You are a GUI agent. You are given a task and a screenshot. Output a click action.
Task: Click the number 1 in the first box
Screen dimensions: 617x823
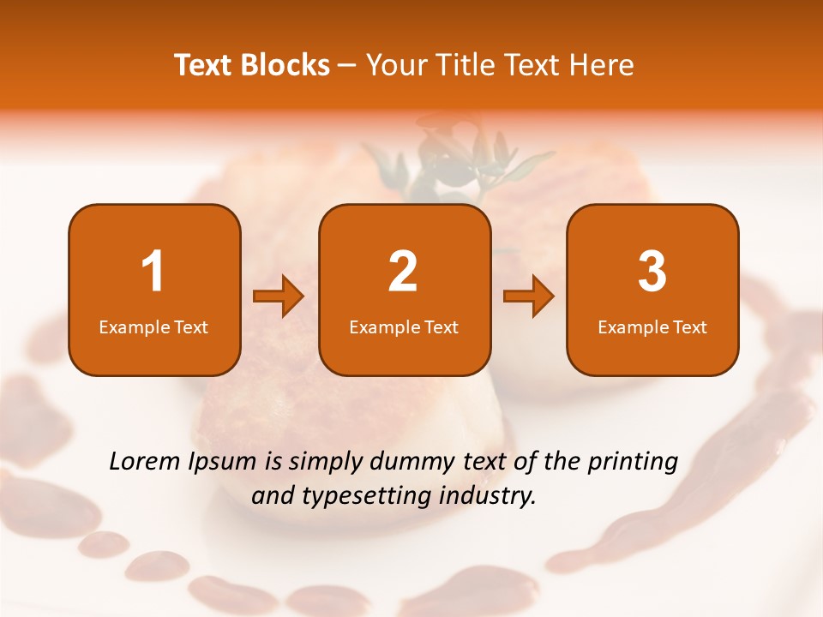(x=153, y=272)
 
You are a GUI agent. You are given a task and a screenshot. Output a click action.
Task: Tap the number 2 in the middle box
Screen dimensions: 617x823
(x=403, y=272)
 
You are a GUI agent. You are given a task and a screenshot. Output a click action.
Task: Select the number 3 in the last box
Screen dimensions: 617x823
(x=652, y=272)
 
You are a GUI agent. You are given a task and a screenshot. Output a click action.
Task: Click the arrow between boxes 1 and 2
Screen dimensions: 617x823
(x=279, y=297)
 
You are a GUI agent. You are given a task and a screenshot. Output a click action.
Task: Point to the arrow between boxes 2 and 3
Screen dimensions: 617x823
(x=529, y=297)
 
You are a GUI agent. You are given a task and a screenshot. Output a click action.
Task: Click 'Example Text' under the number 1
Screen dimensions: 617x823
(x=153, y=327)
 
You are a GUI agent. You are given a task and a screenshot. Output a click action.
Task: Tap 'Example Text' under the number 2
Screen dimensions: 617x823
(x=404, y=327)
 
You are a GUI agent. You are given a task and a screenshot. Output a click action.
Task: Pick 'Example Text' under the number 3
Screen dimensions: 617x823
(x=652, y=327)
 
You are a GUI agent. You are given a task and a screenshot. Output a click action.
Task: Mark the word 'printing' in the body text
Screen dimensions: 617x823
(x=632, y=462)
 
